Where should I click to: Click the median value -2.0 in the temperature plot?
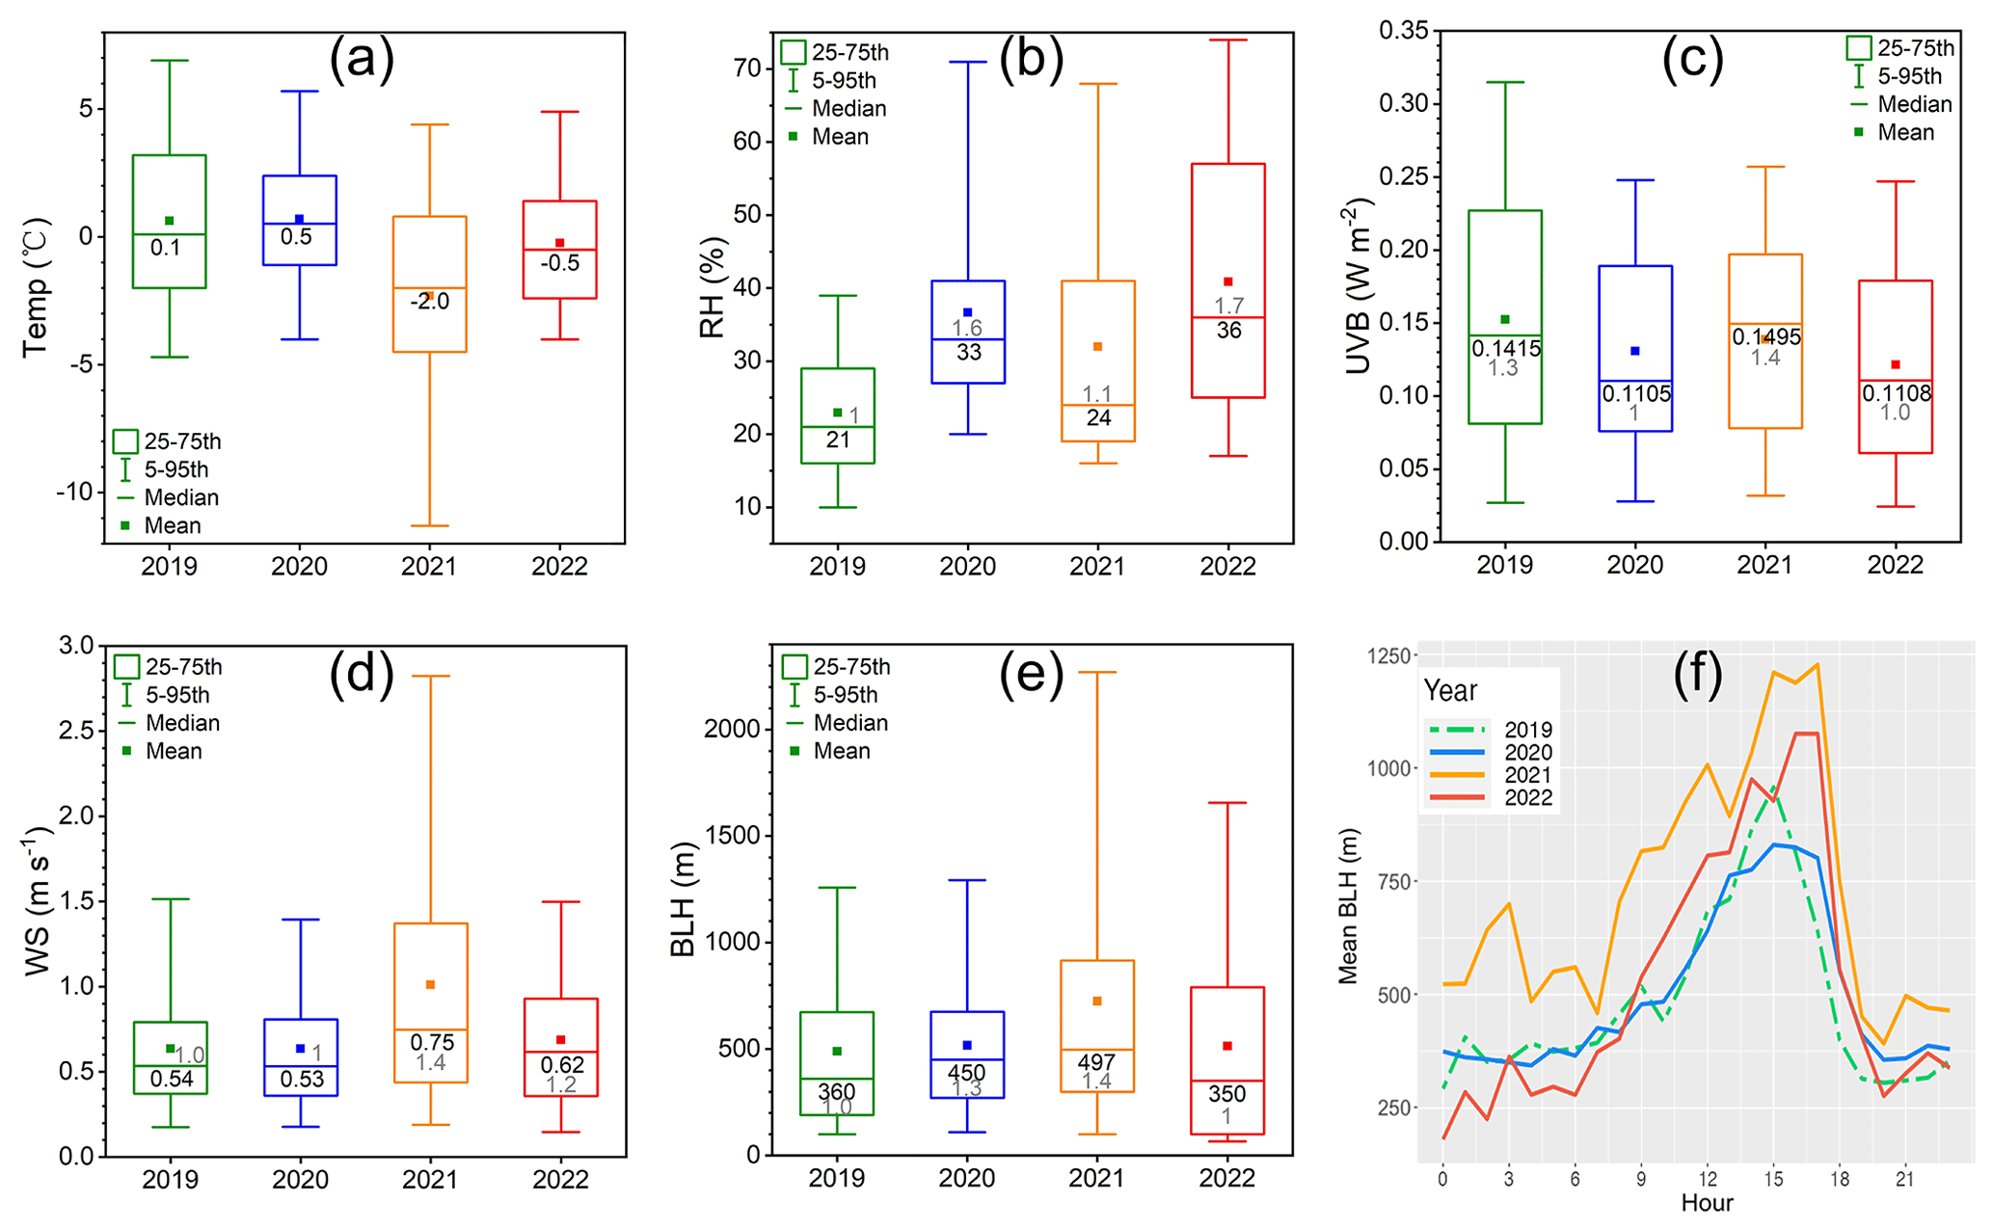pyautogui.click(x=429, y=302)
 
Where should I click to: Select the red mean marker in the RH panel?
pyautogui.click(x=1227, y=281)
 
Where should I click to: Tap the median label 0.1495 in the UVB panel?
pyautogui.click(x=1766, y=337)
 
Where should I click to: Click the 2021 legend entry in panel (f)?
pyautogui.click(x=1528, y=775)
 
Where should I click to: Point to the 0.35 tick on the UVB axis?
pyautogui.click(x=1403, y=31)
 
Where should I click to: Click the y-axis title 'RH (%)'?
pyautogui.click(x=712, y=288)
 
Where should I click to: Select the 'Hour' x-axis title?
pyautogui.click(x=1707, y=1203)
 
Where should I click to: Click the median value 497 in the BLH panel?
pyautogui.click(x=1096, y=1062)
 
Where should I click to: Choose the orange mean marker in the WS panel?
pyautogui.click(x=430, y=984)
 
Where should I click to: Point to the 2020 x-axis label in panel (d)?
pyautogui.click(x=300, y=1180)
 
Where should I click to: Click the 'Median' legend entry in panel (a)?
pyautogui.click(x=181, y=497)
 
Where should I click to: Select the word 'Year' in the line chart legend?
pyautogui.click(x=1450, y=691)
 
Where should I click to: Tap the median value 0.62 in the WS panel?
pyautogui.click(x=561, y=1065)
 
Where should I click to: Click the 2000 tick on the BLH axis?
pyautogui.click(x=733, y=729)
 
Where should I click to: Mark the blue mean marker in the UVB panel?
pyautogui.click(x=1634, y=351)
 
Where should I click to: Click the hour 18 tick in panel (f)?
pyautogui.click(x=1840, y=1180)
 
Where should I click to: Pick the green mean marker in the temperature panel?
pyautogui.click(x=169, y=221)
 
